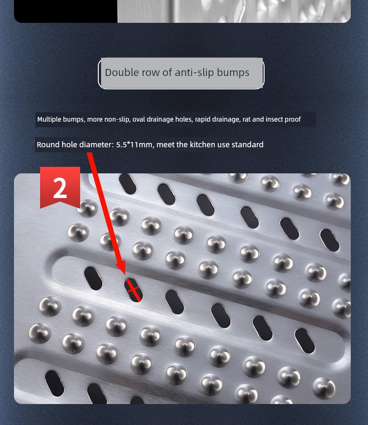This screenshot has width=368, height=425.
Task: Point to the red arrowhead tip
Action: pos(124,274)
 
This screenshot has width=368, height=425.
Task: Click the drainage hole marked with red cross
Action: pos(133,290)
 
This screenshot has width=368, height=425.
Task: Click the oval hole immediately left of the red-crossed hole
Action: pos(93,278)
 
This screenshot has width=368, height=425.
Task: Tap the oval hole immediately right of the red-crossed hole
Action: pos(175,302)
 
